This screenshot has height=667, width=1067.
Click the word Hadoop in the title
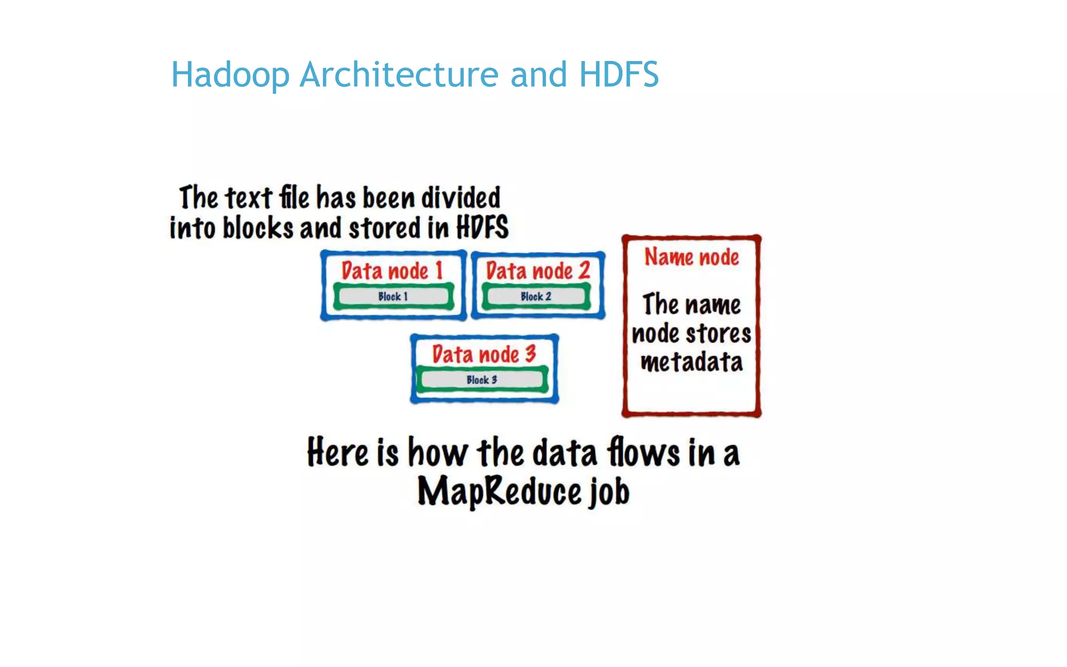(230, 75)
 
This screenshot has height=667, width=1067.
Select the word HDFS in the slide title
(619, 75)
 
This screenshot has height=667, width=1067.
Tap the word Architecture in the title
(399, 75)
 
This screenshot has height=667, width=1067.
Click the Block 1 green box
(393, 297)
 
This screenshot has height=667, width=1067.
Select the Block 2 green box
(536, 297)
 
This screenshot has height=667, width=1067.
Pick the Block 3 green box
(482, 380)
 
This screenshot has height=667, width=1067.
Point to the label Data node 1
(392, 271)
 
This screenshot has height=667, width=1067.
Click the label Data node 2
(538, 271)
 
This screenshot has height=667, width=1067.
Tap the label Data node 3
(484, 354)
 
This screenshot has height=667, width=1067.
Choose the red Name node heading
(691, 257)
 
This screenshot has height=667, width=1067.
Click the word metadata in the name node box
(691, 362)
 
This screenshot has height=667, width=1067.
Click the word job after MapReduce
(610, 492)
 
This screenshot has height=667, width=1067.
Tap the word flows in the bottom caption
(643, 452)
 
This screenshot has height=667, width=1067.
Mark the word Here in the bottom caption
(338, 452)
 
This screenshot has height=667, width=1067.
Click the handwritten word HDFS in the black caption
(482, 228)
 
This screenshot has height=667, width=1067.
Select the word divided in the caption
(461, 198)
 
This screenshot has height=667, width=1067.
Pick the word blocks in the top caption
(258, 228)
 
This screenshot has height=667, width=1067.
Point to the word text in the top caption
(248, 198)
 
